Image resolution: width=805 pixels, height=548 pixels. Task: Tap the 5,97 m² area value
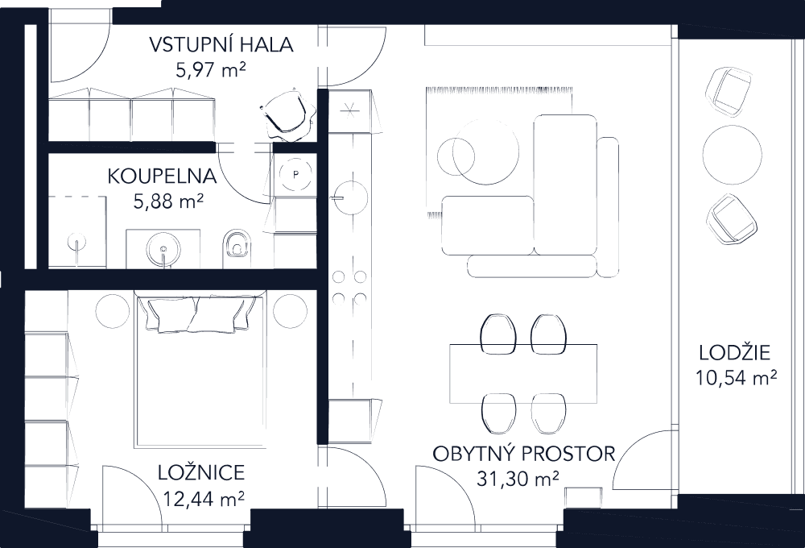[x=209, y=70]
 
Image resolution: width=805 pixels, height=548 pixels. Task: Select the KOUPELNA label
[x=162, y=176]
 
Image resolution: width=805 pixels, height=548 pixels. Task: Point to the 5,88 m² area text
[x=167, y=199]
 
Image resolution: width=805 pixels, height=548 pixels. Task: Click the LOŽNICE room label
[x=201, y=474]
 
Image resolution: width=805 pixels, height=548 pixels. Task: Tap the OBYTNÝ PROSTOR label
[x=523, y=454]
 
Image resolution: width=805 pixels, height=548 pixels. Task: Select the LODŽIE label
[x=735, y=352]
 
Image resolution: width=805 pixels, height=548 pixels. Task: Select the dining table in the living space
[x=524, y=372]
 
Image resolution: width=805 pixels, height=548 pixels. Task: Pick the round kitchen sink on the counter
[x=351, y=193]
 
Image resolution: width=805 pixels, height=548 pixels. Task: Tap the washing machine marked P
[x=295, y=172]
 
